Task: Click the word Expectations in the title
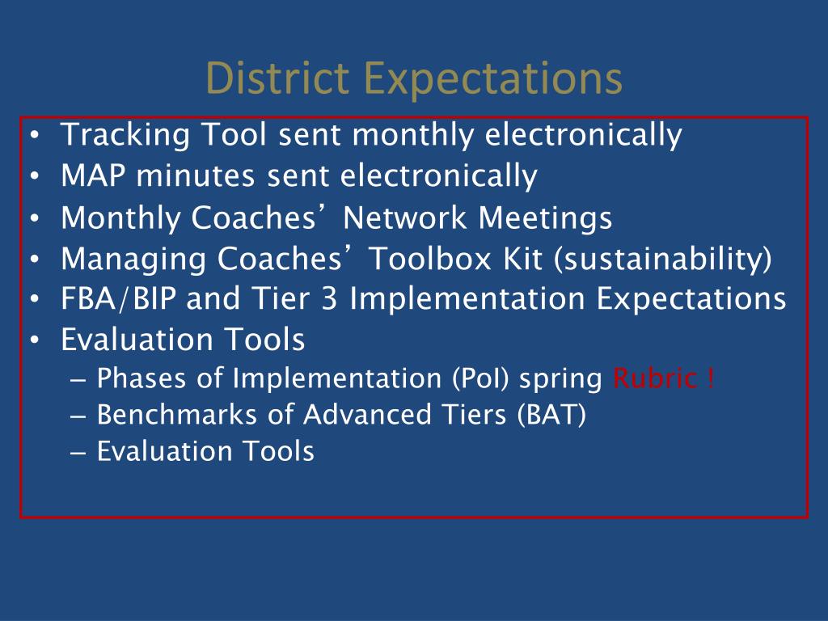click(x=493, y=80)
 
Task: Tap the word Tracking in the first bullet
click(x=125, y=135)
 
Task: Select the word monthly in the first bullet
click(x=413, y=135)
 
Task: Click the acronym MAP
click(x=93, y=175)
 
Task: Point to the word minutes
click(x=196, y=175)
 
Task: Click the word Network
click(x=405, y=217)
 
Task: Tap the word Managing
click(x=133, y=260)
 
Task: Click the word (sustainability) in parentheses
click(x=663, y=260)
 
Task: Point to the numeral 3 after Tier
click(x=329, y=299)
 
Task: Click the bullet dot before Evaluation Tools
click(x=35, y=340)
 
